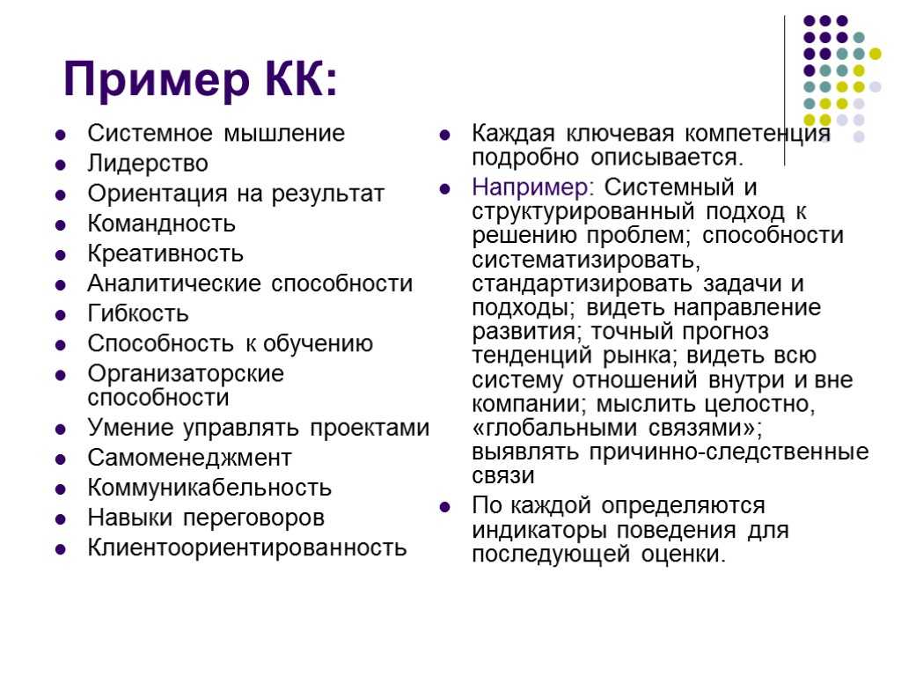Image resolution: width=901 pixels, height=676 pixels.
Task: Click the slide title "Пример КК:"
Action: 200,80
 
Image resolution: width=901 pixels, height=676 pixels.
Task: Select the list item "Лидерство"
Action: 148,164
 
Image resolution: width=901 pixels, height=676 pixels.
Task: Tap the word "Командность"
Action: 162,224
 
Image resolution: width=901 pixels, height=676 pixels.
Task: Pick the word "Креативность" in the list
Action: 165,254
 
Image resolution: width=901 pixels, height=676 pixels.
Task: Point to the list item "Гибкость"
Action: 138,314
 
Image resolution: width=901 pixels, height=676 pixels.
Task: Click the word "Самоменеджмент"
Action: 190,458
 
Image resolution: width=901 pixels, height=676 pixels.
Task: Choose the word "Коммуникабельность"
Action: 209,488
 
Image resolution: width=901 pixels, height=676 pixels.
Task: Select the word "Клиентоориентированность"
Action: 247,547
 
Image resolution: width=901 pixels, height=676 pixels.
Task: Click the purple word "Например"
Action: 530,188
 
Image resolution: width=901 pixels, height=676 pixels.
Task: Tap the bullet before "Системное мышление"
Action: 61,135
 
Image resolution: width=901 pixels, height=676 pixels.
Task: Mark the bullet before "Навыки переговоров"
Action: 61,519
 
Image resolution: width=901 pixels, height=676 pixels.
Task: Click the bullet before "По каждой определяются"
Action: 444,508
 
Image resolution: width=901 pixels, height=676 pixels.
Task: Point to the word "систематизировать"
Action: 584,261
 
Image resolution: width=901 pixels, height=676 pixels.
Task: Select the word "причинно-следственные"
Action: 729,452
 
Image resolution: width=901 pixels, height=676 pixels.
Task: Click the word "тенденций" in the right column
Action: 532,356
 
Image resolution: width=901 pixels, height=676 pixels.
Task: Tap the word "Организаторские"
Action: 186,374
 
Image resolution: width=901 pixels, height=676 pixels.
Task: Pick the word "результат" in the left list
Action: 327,195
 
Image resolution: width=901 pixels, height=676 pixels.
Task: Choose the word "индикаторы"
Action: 539,530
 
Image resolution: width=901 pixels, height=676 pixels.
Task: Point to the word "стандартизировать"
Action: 582,284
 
